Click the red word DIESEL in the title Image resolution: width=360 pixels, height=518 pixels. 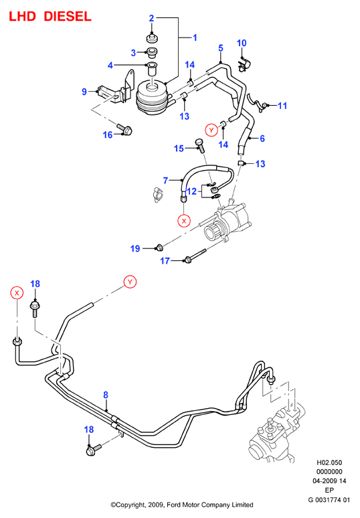pos(68,17)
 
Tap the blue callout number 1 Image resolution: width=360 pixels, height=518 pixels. pos(195,37)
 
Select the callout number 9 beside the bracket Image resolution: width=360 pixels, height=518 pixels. pos(84,92)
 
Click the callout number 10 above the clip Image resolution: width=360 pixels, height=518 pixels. pos(242,43)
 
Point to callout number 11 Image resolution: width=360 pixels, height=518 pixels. pos(282,106)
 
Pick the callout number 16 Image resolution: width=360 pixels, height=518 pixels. pos(108,135)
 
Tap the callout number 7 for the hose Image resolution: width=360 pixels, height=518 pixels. pos(166,181)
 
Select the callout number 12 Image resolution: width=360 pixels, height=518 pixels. pos(191,191)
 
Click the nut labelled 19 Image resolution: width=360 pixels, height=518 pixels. pos(159,247)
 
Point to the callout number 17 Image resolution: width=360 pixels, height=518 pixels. pos(165,261)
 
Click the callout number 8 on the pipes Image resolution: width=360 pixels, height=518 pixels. pos(106,395)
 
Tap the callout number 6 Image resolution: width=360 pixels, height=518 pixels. pos(262,139)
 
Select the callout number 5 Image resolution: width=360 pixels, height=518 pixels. pos(221,48)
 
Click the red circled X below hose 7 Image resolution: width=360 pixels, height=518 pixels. pos(184,221)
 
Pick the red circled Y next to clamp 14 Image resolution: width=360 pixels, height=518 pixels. pos(211,130)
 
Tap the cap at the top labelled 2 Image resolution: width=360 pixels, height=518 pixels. pos(152,37)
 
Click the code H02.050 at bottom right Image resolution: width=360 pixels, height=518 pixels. pos(329,462)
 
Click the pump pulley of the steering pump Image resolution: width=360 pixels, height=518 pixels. pos(212,232)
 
